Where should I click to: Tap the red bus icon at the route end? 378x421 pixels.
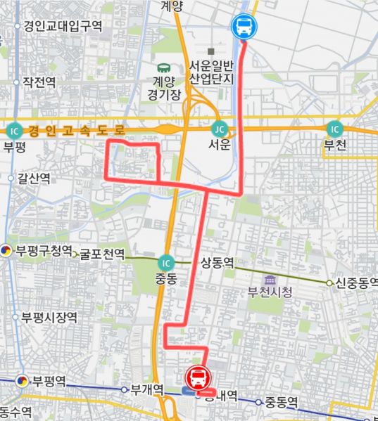coord(199,378)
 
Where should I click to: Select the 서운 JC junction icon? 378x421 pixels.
coord(220,129)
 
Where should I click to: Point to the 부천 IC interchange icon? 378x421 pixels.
coord(334,129)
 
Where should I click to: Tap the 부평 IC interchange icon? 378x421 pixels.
coord(13,131)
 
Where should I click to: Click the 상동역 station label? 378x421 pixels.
coord(217,264)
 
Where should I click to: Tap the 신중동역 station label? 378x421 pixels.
coord(353,283)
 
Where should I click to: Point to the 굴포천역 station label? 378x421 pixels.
coord(102,253)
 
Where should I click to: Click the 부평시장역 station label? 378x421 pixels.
coord(49,318)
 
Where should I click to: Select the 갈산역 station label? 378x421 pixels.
coord(34,179)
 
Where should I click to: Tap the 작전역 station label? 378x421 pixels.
coord(39,82)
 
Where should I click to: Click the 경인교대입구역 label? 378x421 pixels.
coord(63,26)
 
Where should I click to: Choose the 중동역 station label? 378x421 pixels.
coord(282,402)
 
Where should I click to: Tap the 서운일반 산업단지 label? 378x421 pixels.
coord(210,71)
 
